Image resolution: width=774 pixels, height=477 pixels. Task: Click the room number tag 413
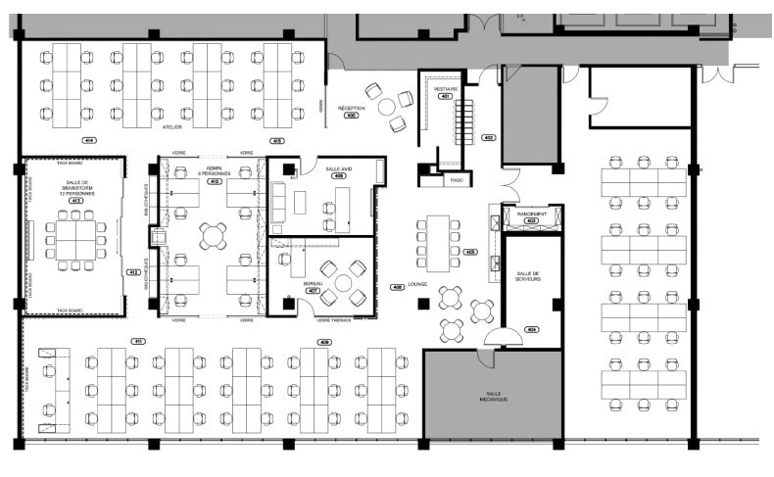[x=74, y=201]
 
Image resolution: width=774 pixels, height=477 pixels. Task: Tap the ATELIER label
[x=172, y=126]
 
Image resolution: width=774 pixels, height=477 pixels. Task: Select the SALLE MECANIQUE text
[x=492, y=396]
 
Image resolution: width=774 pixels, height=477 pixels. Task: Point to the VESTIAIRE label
[x=446, y=88]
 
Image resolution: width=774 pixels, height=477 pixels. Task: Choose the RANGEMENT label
[x=532, y=214]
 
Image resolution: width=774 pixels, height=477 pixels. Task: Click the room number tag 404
[x=532, y=328]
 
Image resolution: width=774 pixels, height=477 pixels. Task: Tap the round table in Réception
[x=387, y=106]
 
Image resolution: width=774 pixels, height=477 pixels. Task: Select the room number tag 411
[x=138, y=341]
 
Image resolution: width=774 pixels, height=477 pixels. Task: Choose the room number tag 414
[x=89, y=141]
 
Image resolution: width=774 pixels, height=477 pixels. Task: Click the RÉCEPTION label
[x=351, y=107]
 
